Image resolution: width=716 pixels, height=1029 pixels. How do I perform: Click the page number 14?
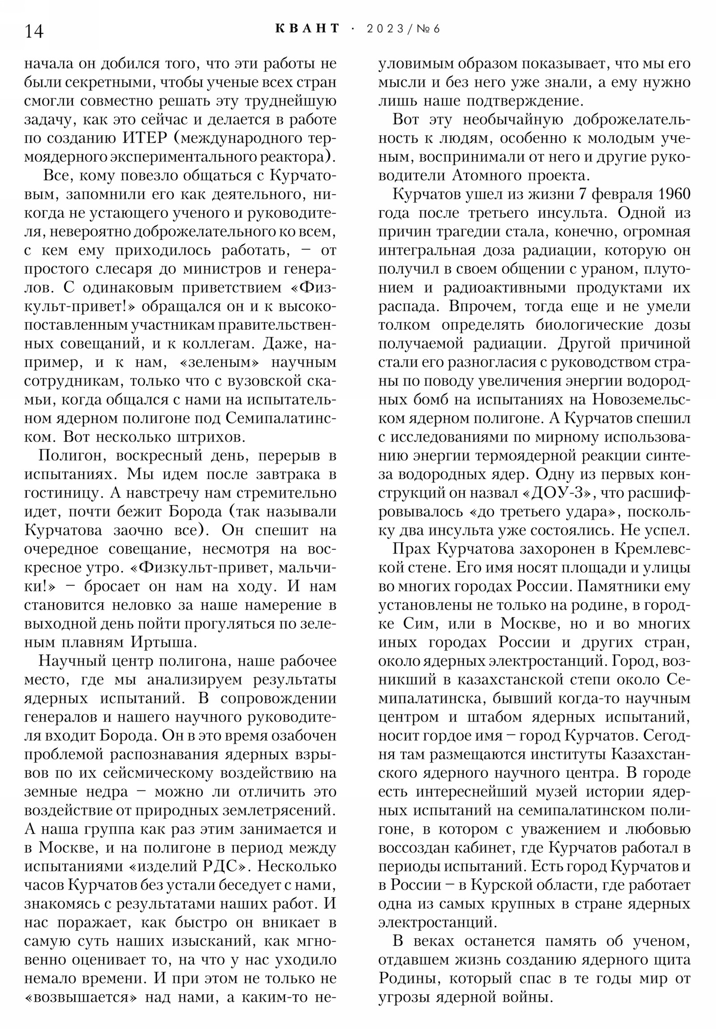(x=34, y=31)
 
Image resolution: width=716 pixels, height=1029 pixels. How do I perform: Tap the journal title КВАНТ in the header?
(x=307, y=29)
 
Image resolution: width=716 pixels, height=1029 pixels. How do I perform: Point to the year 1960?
(x=671, y=195)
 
